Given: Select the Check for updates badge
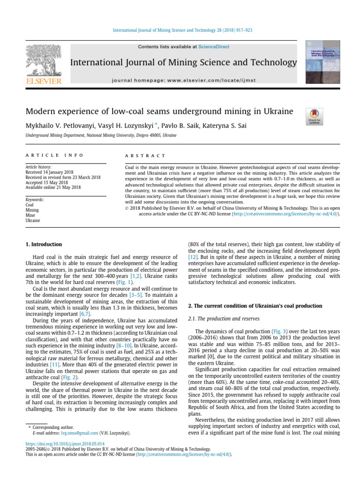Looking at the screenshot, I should pos(314,116).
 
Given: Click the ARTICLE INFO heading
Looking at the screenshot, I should pos(54,155).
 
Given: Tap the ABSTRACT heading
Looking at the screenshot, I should pos(145,156).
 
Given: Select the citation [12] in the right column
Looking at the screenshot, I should pos(193,257).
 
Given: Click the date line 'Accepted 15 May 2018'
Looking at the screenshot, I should pos(47,182).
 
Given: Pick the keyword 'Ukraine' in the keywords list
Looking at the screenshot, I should pos(32,220).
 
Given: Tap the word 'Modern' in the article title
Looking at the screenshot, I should pos(40,112).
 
